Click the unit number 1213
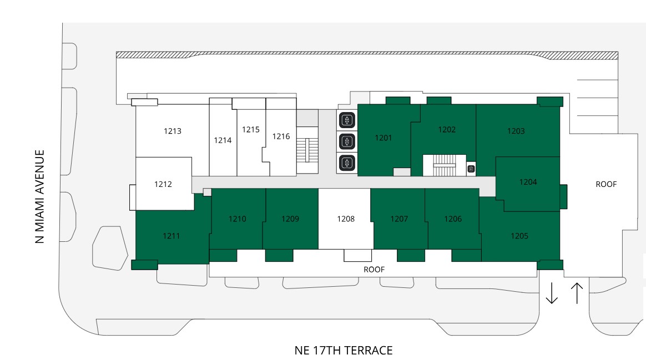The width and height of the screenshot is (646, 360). point(172,131)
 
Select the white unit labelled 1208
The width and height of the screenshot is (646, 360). point(345,219)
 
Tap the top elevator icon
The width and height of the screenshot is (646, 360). point(347,120)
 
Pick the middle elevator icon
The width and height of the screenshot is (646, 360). point(347,141)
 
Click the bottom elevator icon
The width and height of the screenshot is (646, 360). point(347,163)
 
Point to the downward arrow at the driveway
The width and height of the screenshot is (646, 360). point(552,293)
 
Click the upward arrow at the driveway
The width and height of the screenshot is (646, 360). point(577,293)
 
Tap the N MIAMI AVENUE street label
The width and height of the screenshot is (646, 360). point(39,196)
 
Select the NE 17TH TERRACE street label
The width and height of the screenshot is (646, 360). point(344,351)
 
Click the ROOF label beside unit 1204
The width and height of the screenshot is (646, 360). point(606,184)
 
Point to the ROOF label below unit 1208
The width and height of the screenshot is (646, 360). point(374,270)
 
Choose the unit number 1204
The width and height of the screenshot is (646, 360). point(528,182)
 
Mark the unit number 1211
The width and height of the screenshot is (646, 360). point(171,236)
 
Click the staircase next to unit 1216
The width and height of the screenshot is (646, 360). point(307,150)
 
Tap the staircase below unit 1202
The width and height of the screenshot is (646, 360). point(445,165)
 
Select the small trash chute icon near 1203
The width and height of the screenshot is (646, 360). point(471,169)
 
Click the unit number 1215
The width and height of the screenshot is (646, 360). point(250,129)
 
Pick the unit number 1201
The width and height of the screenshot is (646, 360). point(383,138)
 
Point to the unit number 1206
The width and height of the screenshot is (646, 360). point(453,219)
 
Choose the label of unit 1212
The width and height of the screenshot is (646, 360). point(163,184)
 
